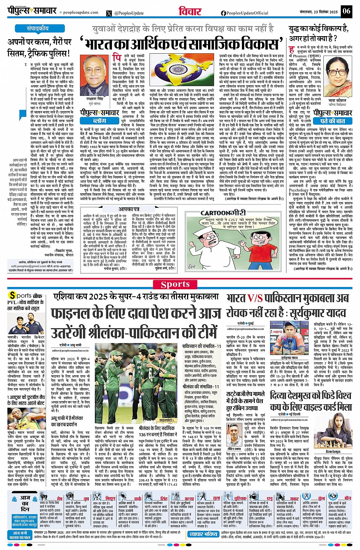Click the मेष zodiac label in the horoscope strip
tap(59, 498)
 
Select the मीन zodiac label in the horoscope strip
tap(347, 498)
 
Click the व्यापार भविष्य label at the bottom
tap(203, 534)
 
